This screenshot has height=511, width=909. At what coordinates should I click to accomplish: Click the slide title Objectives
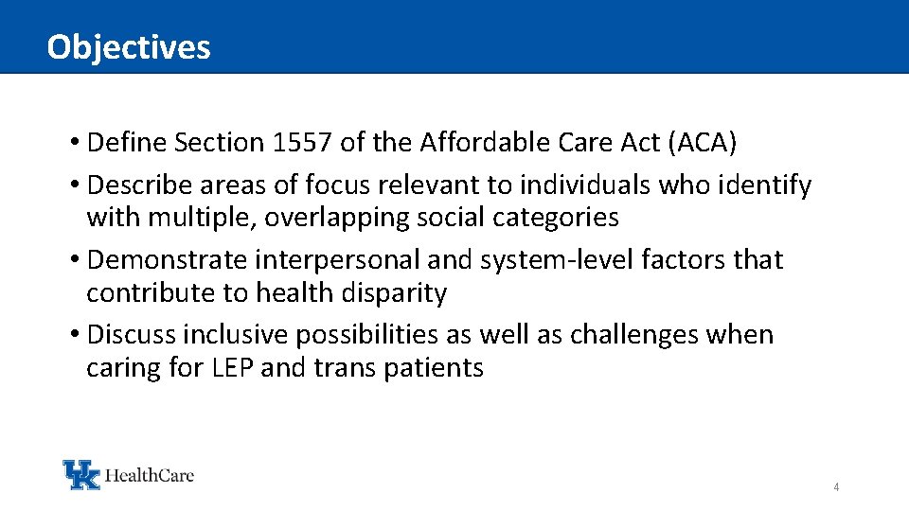point(129,46)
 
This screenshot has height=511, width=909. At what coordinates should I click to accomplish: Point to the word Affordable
point(481,143)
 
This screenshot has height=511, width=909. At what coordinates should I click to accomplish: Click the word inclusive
point(236,335)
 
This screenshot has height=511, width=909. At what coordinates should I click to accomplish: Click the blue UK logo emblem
point(80,474)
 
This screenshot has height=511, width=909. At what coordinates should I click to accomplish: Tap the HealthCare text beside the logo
point(150,474)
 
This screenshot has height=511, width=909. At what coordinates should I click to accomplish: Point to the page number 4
point(836,487)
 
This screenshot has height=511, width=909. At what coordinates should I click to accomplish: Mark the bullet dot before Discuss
point(74,336)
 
